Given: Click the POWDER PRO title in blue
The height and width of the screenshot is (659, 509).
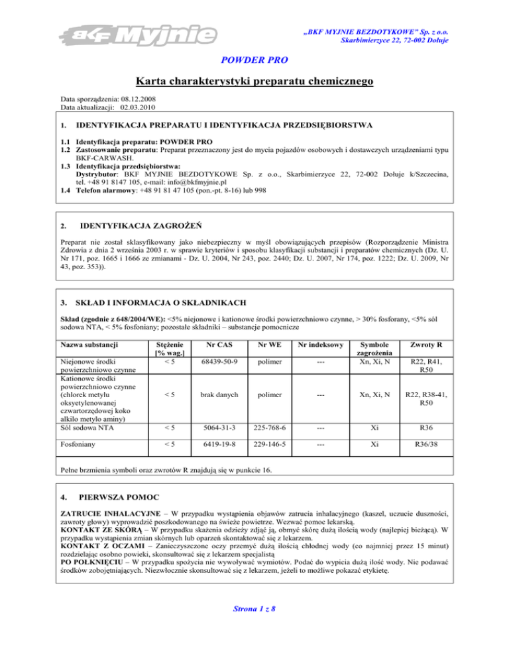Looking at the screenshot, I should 254,60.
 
